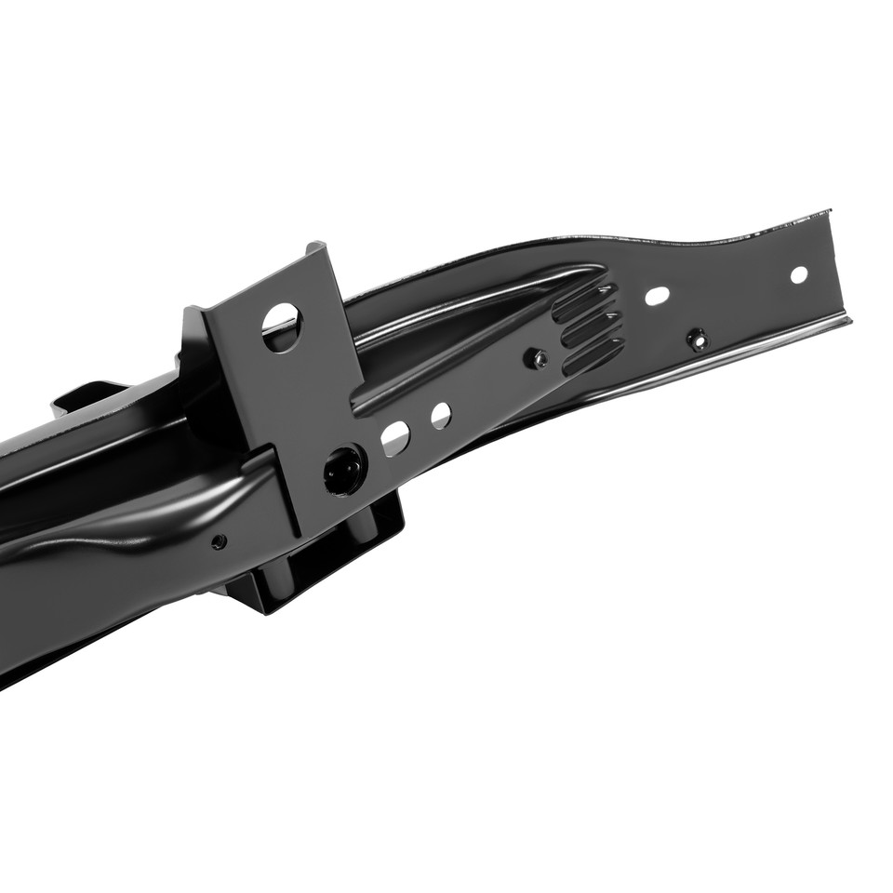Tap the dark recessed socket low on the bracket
point(343,470)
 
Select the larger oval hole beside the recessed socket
point(394,437)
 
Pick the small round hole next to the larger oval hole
point(440,416)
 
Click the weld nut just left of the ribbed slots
point(536,357)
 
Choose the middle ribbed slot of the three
point(590,328)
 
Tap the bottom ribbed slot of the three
point(593,355)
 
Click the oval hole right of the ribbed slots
point(657,296)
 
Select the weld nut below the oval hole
point(697,339)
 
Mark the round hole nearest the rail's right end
point(798,274)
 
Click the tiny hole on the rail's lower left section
point(219,540)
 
